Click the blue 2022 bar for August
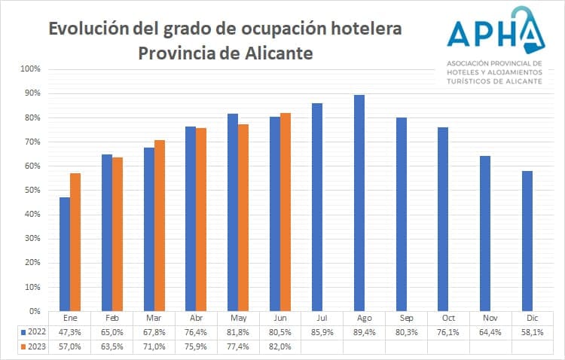coord(359,203)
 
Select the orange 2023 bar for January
coord(75,242)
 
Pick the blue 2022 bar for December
coord(527,240)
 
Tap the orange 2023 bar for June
coord(286,212)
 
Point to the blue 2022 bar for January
coord(65,254)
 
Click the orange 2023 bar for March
coord(160,225)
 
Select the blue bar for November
coord(485,233)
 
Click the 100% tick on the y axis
coord(31,69)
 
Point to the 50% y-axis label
coord(32,190)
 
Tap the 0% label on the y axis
coord(35,310)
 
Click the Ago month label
coord(364,319)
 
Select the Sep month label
coord(406,319)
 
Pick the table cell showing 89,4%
coord(364,332)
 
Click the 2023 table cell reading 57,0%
coord(70,346)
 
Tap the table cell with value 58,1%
coord(532,332)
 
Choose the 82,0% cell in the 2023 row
coord(280,346)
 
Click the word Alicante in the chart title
coord(274,54)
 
